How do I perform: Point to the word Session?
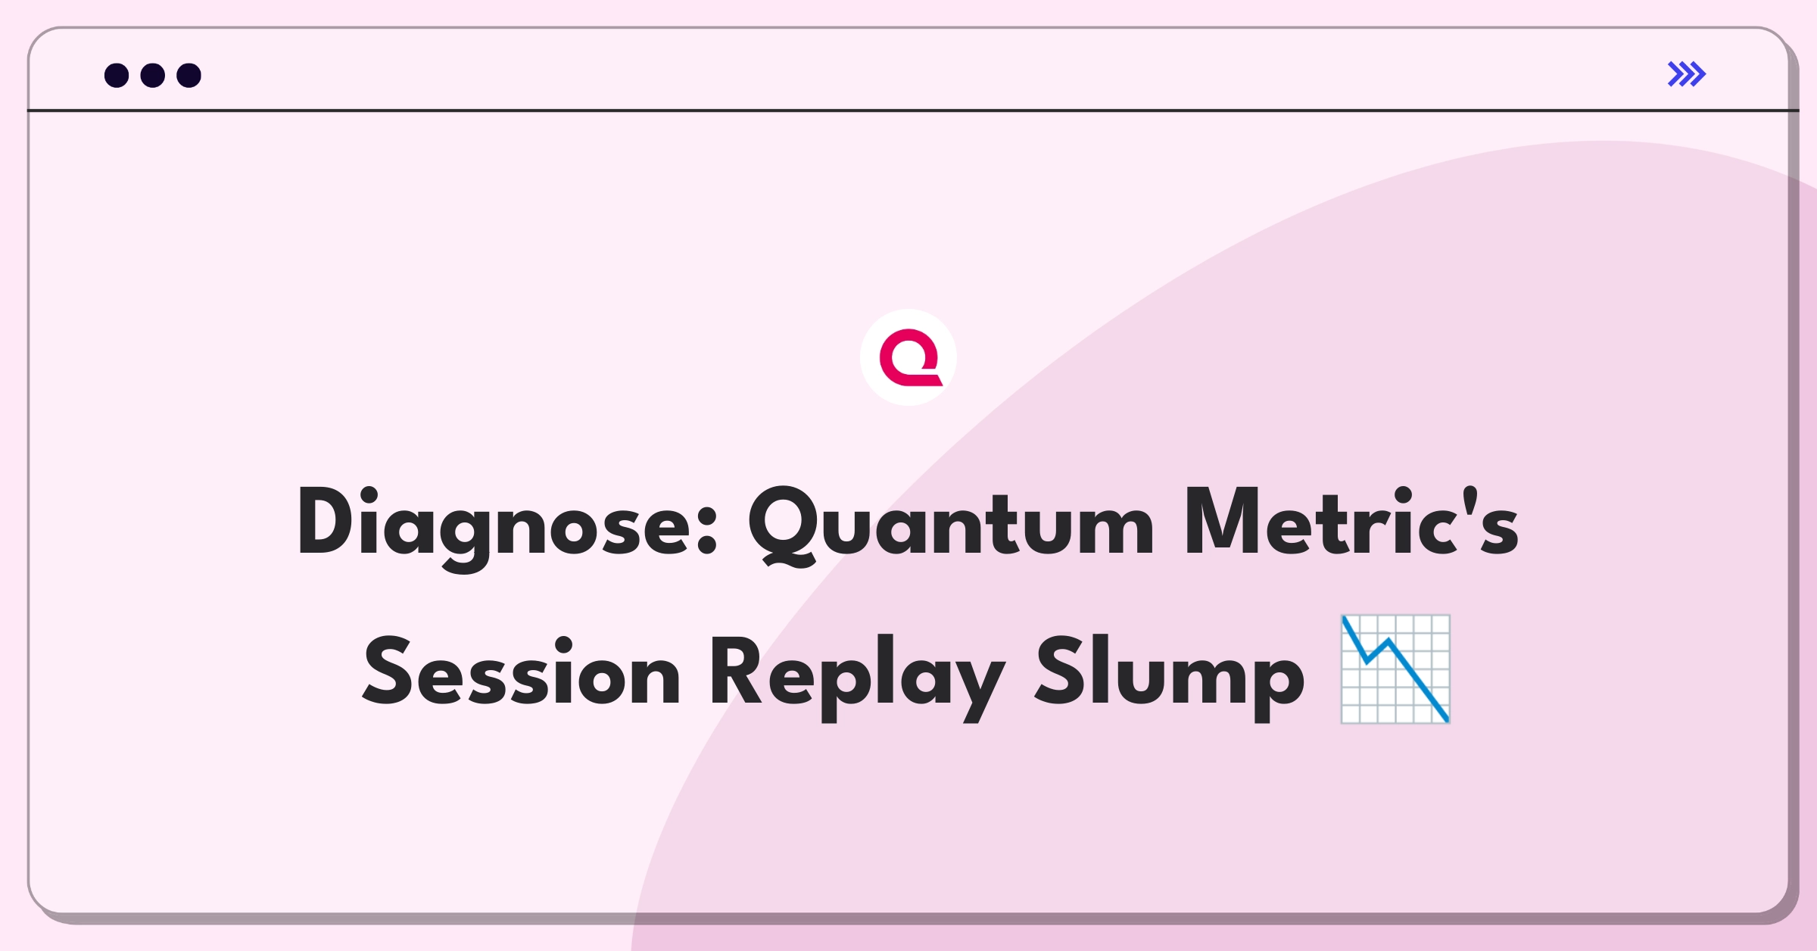[522, 671]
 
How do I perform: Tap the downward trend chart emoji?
[1395, 669]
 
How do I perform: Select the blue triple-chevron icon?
[1687, 74]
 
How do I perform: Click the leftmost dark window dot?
[117, 75]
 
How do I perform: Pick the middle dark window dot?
[153, 75]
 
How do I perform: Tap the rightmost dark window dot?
[189, 75]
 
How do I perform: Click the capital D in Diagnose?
[326, 521]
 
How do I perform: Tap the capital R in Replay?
[736, 671]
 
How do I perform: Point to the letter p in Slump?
[1279, 686]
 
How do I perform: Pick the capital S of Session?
[387, 671]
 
